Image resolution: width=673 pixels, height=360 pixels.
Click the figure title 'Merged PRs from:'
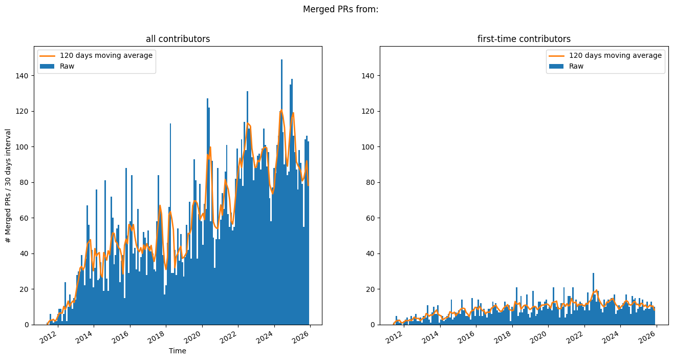340,9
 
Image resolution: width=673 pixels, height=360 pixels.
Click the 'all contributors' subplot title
178,39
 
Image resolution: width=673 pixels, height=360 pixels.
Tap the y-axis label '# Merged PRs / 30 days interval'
8,185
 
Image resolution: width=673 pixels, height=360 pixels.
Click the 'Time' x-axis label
178,351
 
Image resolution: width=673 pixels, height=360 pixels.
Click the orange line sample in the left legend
47,55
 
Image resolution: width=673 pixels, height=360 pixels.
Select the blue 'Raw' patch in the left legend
47,66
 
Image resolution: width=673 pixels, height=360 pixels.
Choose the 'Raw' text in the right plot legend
577,66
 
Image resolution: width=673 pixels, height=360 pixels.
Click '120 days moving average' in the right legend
615,55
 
